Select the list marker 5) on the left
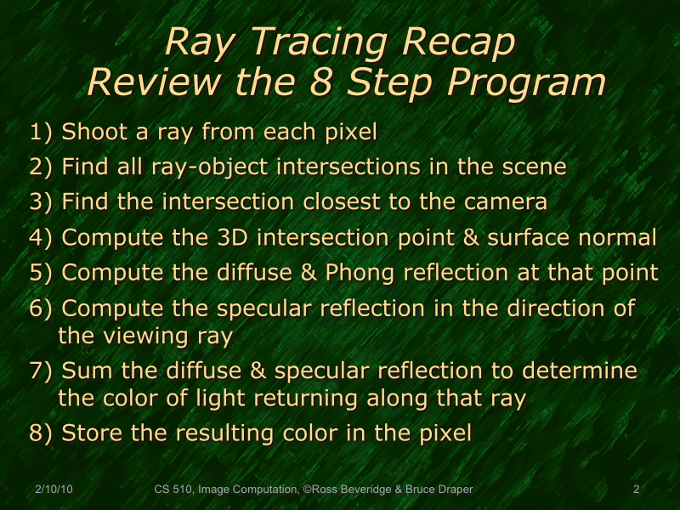pos(42,273)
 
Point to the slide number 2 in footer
pos(636,490)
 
